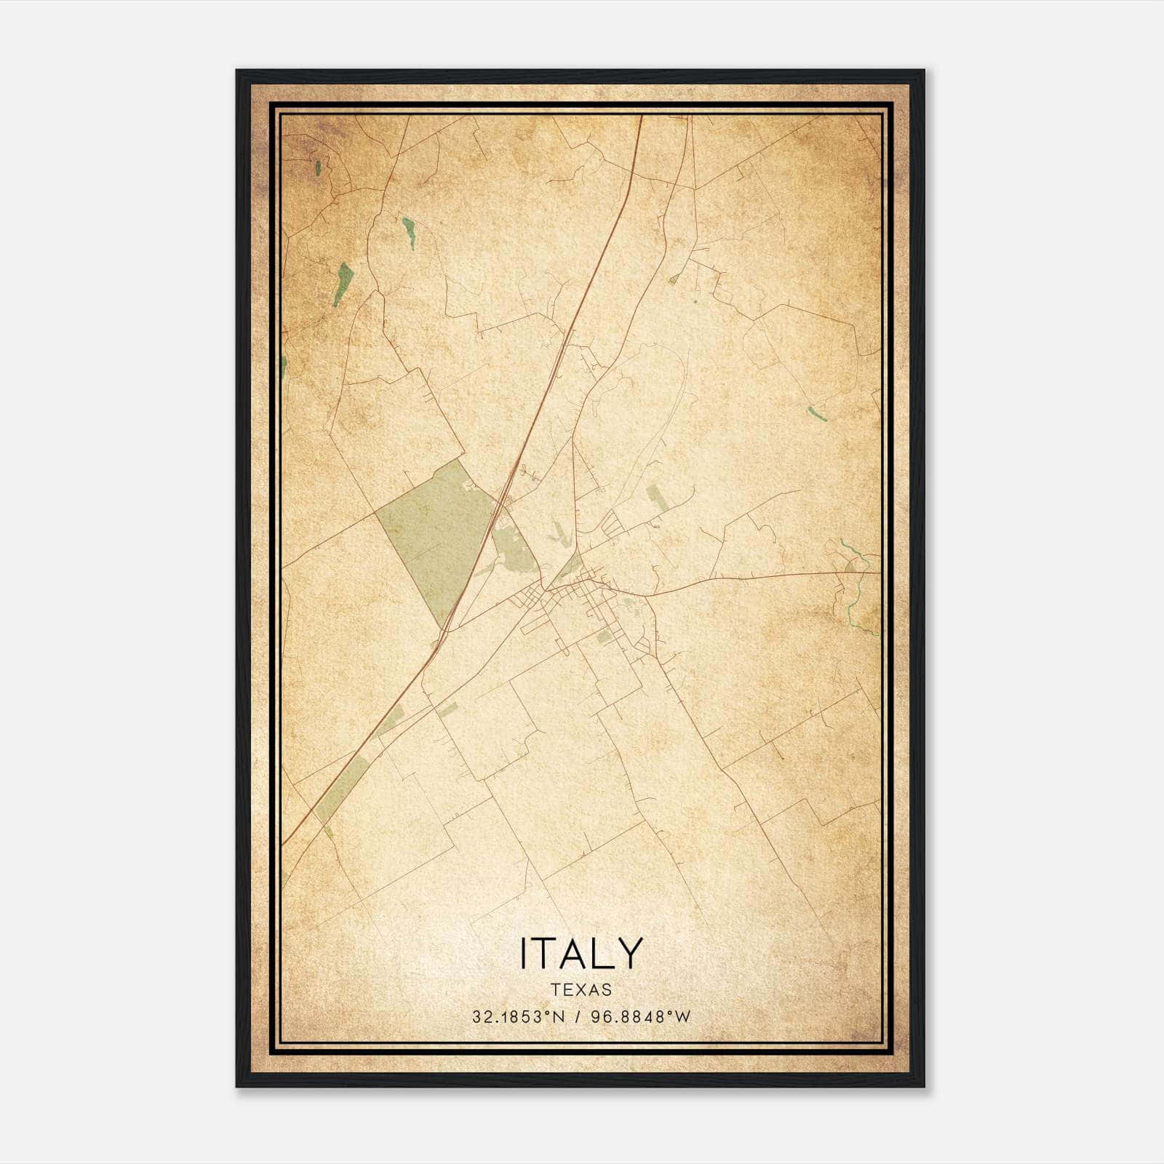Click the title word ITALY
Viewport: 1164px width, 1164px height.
coord(581,952)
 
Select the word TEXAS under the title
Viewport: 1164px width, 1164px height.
coord(581,989)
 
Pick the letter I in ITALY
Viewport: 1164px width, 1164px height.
coord(523,952)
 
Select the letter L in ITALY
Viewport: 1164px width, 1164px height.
coord(604,952)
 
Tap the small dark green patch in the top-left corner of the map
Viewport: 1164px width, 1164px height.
coord(318,168)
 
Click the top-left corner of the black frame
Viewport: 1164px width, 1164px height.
coord(238,71)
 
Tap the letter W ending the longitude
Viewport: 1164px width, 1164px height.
coord(683,1017)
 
